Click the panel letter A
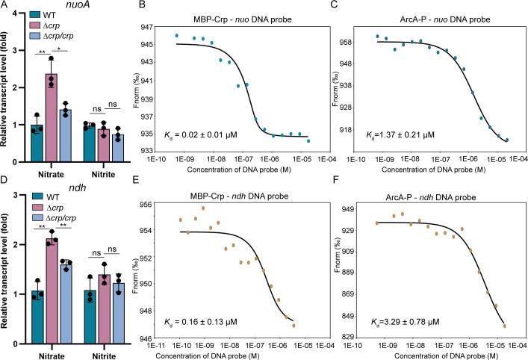click(5, 6)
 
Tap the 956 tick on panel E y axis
click(160, 205)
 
